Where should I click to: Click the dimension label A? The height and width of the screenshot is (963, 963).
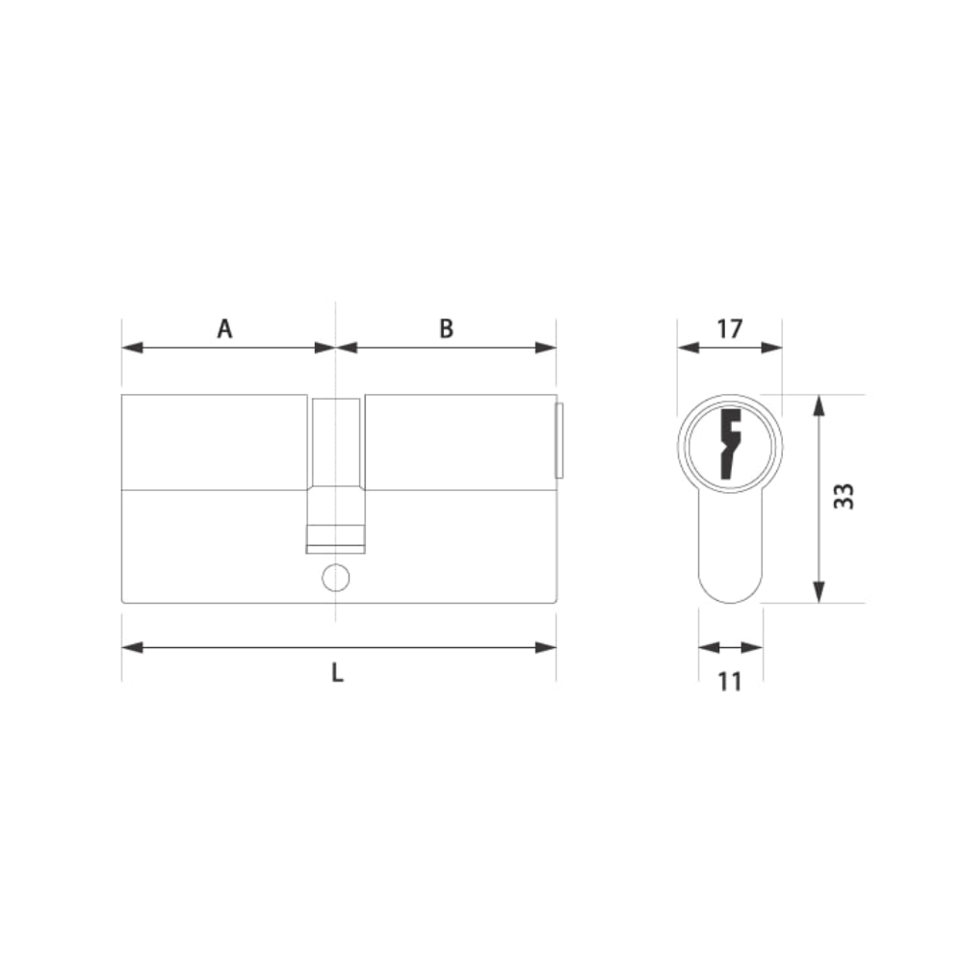pyautogui.click(x=224, y=328)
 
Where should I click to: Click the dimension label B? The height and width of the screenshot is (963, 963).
pyautogui.click(x=447, y=328)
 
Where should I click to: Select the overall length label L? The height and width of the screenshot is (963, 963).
pyautogui.click(x=337, y=673)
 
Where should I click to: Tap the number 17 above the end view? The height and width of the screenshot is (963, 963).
pyautogui.click(x=730, y=328)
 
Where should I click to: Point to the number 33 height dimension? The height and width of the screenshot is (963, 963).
pyautogui.click(x=844, y=496)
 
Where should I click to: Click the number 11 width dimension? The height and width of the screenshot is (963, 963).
pyautogui.click(x=730, y=682)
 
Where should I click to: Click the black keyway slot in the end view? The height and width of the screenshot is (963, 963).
pyautogui.click(x=731, y=443)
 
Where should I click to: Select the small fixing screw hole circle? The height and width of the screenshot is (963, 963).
pyautogui.click(x=336, y=578)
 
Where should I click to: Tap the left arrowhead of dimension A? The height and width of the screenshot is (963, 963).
pyautogui.click(x=132, y=348)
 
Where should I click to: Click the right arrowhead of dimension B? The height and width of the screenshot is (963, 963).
pyautogui.click(x=546, y=348)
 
